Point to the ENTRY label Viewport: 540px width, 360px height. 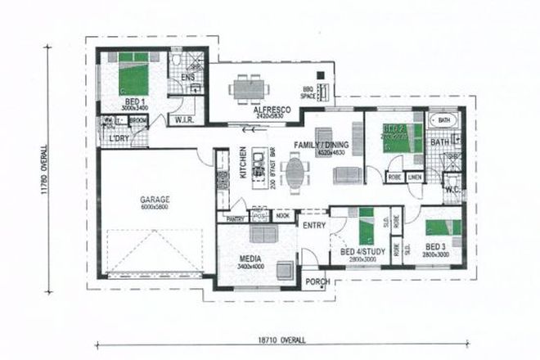click(x=314, y=225)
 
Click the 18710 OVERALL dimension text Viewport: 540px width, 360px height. click(x=278, y=338)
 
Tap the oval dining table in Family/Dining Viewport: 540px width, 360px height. click(x=294, y=171)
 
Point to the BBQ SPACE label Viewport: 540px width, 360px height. click(x=308, y=92)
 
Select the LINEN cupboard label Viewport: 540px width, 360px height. click(x=415, y=176)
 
